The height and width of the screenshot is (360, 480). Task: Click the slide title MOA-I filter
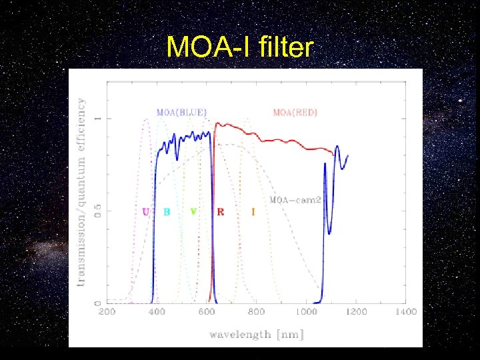coord(239,47)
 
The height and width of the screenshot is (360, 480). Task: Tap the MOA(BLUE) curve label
coord(181,112)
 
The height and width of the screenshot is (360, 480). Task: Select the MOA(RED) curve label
coord(295,112)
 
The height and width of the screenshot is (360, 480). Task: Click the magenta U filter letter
coord(145,212)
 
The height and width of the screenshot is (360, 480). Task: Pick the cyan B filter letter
coord(167,212)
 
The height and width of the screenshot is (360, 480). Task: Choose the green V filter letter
coord(193,212)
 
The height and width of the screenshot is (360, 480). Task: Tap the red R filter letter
coord(221,212)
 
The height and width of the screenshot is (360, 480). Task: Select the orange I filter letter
coord(253,212)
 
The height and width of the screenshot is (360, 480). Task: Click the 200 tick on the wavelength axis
coord(107,311)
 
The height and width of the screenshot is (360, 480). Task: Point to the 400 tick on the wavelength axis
coord(157,311)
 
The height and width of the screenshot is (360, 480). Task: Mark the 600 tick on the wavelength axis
coord(207,311)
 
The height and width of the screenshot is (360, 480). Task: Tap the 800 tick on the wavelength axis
coord(257,311)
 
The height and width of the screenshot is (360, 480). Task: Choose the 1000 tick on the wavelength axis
coord(306,311)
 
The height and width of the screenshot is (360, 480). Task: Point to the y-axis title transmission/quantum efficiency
coord(81,193)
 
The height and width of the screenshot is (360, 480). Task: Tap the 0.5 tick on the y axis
coord(97,211)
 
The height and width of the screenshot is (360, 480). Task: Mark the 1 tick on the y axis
coord(97,119)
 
